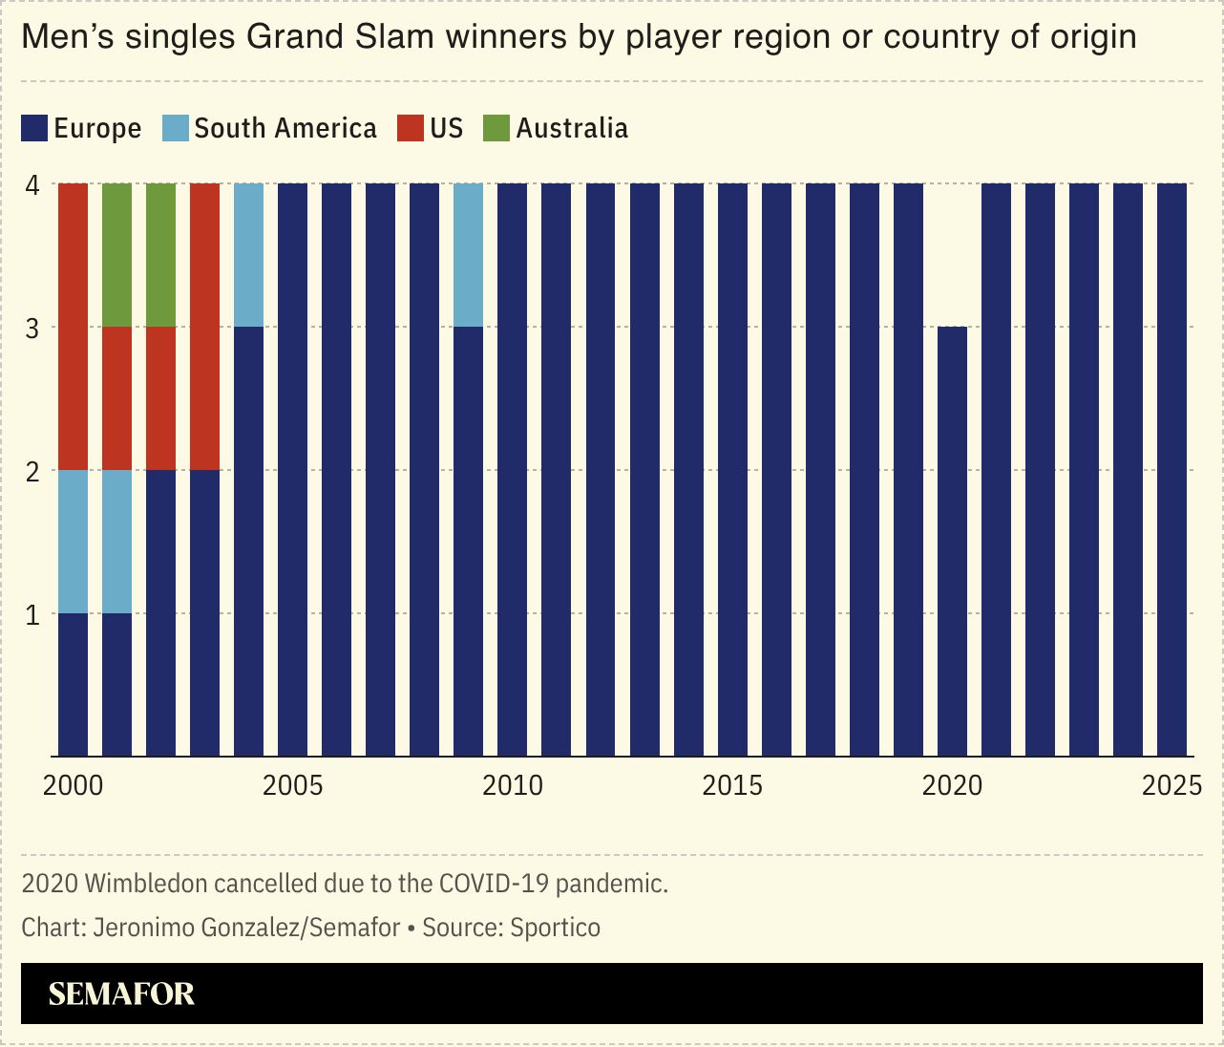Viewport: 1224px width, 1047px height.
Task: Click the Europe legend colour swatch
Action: click(x=34, y=128)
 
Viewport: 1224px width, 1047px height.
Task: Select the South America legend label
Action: click(x=285, y=128)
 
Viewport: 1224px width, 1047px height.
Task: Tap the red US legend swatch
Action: click(x=410, y=128)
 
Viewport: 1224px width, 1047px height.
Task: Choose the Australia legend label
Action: click(x=572, y=128)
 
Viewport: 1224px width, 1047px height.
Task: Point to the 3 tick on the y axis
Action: click(x=33, y=328)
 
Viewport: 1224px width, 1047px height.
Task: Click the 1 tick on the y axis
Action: click(x=33, y=614)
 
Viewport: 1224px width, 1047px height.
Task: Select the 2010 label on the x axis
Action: click(x=513, y=786)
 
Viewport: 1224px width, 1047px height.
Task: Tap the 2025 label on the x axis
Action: click(x=1171, y=786)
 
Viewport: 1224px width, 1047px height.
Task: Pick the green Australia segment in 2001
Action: click(x=116, y=255)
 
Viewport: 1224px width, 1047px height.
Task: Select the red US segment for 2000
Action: click(x=74, y=327)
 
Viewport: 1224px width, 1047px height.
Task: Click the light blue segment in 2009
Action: click(x=468, y=255)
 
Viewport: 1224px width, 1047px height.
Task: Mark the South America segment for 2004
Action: click(x=248, y=255)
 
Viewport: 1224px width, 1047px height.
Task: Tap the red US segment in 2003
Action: click(x=205, y=327)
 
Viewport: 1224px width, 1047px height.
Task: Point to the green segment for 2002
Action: click(x=160, y=255)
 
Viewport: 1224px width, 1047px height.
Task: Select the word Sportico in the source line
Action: click(x=555, y=928)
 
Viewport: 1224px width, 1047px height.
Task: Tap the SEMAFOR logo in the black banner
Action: click(x=121, y=994)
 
